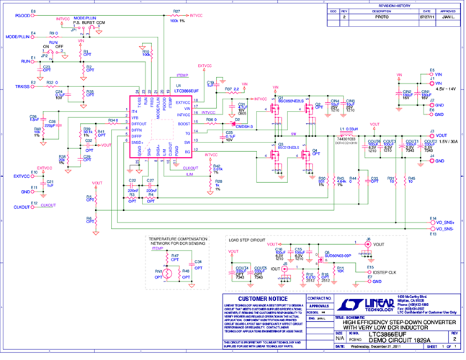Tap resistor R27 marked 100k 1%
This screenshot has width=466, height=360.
[x=176, y=14]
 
